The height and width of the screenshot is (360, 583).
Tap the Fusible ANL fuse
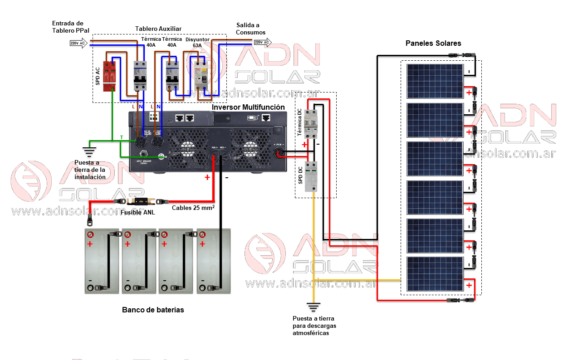pos(138,201)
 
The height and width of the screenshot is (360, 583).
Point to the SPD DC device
pos(311,176)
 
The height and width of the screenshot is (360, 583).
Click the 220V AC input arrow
pos(78,44)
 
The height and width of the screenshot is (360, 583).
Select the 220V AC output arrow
pos(262,43)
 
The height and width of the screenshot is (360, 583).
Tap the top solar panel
pos(435,81)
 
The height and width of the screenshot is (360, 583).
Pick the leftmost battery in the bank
pos(102,261)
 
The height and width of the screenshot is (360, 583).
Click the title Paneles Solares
pos(433,44)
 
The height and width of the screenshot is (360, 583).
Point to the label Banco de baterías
pos(153,310)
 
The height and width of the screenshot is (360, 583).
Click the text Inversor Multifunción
pos(248,107)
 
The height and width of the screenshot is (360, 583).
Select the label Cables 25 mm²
pos(193,208)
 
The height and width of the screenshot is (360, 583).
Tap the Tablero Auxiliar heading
pos(158,29)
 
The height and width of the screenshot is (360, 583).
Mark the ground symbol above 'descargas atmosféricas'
pos(313,306)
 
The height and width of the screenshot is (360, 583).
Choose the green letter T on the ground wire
pos(121,137)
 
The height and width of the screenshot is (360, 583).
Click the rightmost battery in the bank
pos(213,261)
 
